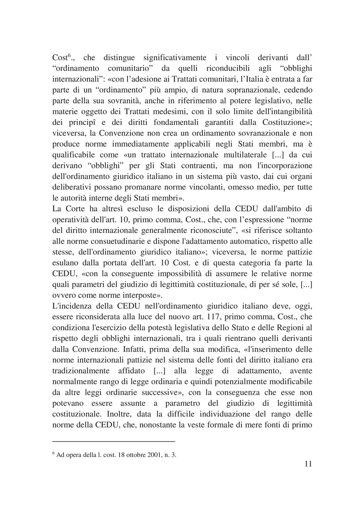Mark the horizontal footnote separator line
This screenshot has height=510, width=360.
click(114, 441)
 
